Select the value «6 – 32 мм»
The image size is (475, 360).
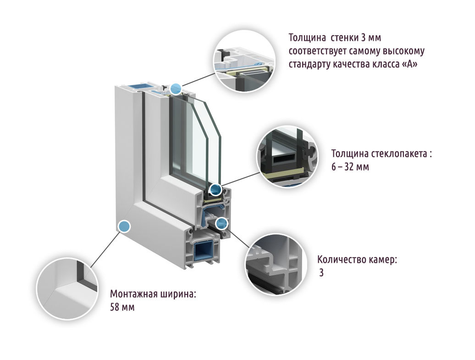pos(350,167)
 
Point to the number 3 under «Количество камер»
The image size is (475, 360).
pos(321,273)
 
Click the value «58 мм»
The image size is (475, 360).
pos(122,307)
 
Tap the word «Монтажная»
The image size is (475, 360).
pos(132,294)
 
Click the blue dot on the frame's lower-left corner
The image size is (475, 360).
pos(124,226)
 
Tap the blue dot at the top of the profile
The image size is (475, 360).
pos(176,88)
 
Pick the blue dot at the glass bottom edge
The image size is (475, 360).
pos(215,189)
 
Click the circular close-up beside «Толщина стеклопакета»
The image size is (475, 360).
pos(287,156)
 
